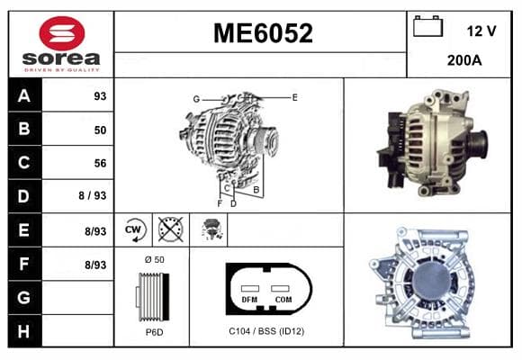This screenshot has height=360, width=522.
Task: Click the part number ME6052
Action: click(263, 33)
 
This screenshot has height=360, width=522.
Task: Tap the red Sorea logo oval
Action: click(62, 33)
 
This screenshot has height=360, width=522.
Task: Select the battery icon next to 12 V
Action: click(427, 26)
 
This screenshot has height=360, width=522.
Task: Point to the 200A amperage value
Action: click(464, 60)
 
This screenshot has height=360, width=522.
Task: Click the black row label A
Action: click(24, 95)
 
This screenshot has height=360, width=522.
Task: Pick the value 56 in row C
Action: click(100, 163)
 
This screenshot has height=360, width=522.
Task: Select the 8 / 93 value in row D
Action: click(92, 195)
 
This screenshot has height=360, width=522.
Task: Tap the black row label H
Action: click(24, 331)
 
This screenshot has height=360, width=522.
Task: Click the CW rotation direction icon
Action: click(134, 229)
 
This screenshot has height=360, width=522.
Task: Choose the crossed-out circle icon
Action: click(170, 229)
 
